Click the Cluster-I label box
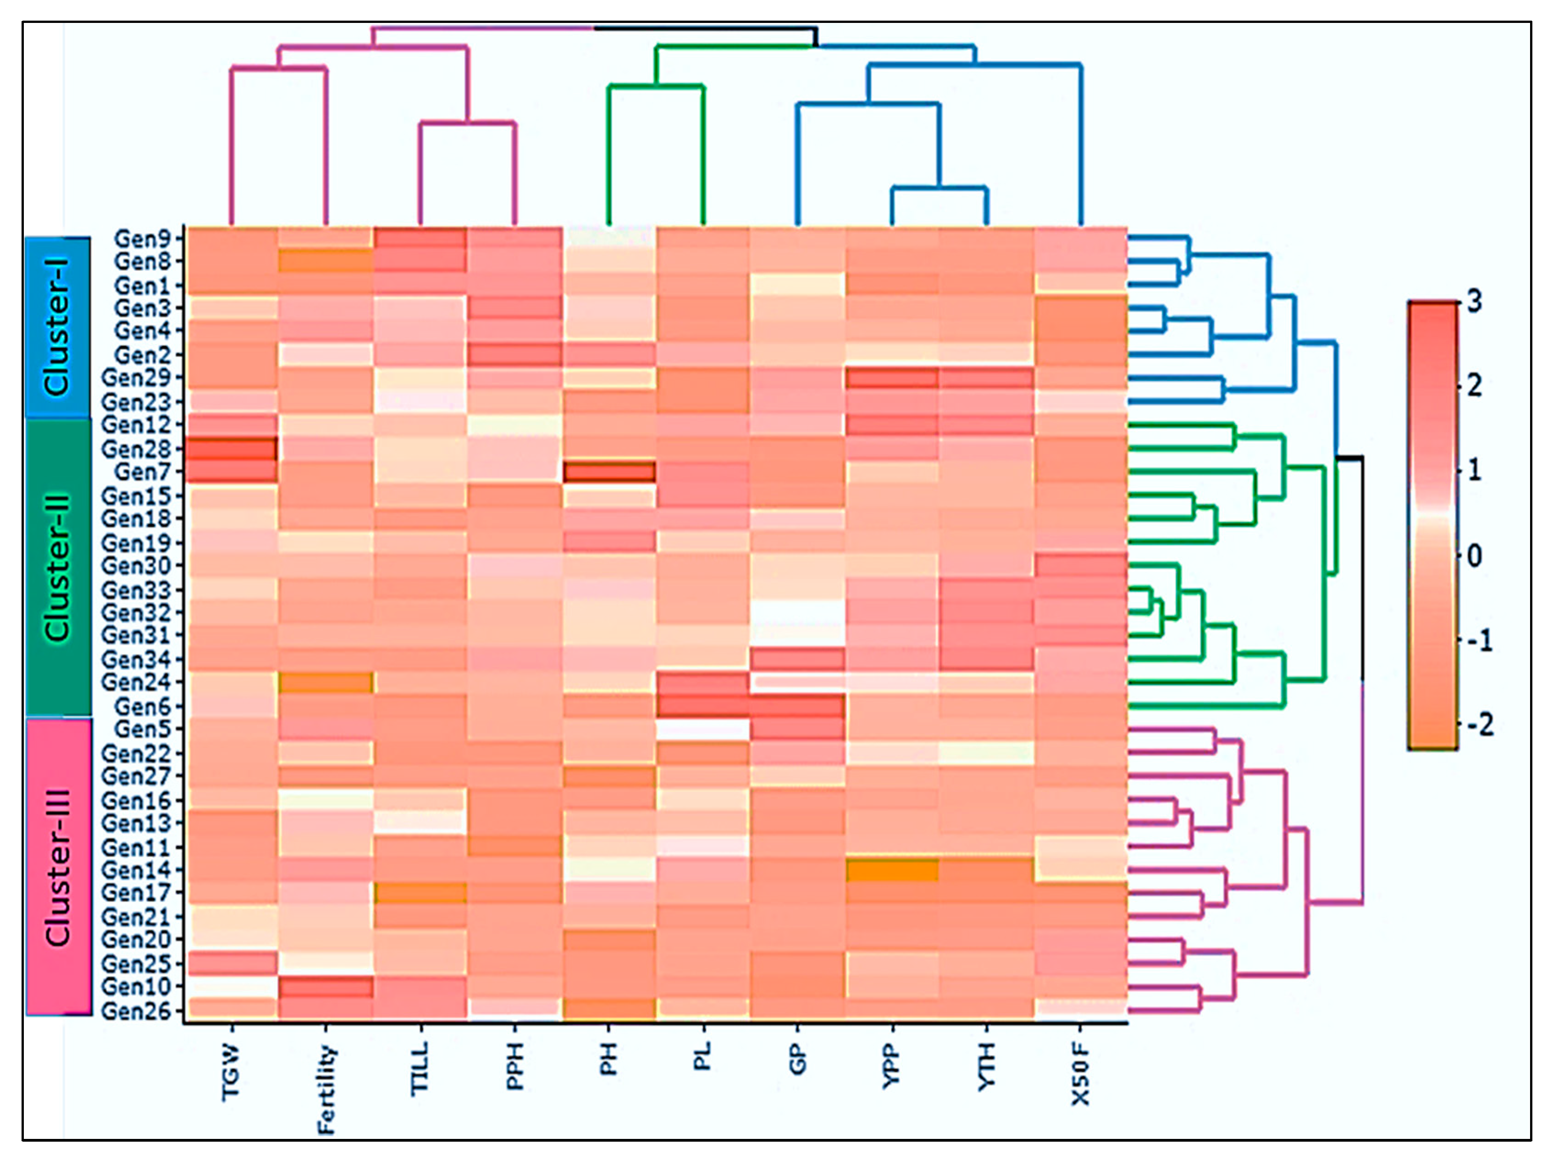58,328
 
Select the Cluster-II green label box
58,567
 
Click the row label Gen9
143,239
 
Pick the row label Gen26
138,1011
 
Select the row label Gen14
138,870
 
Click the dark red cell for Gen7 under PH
609,472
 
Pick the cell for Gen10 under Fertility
326,987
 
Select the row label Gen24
138,682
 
